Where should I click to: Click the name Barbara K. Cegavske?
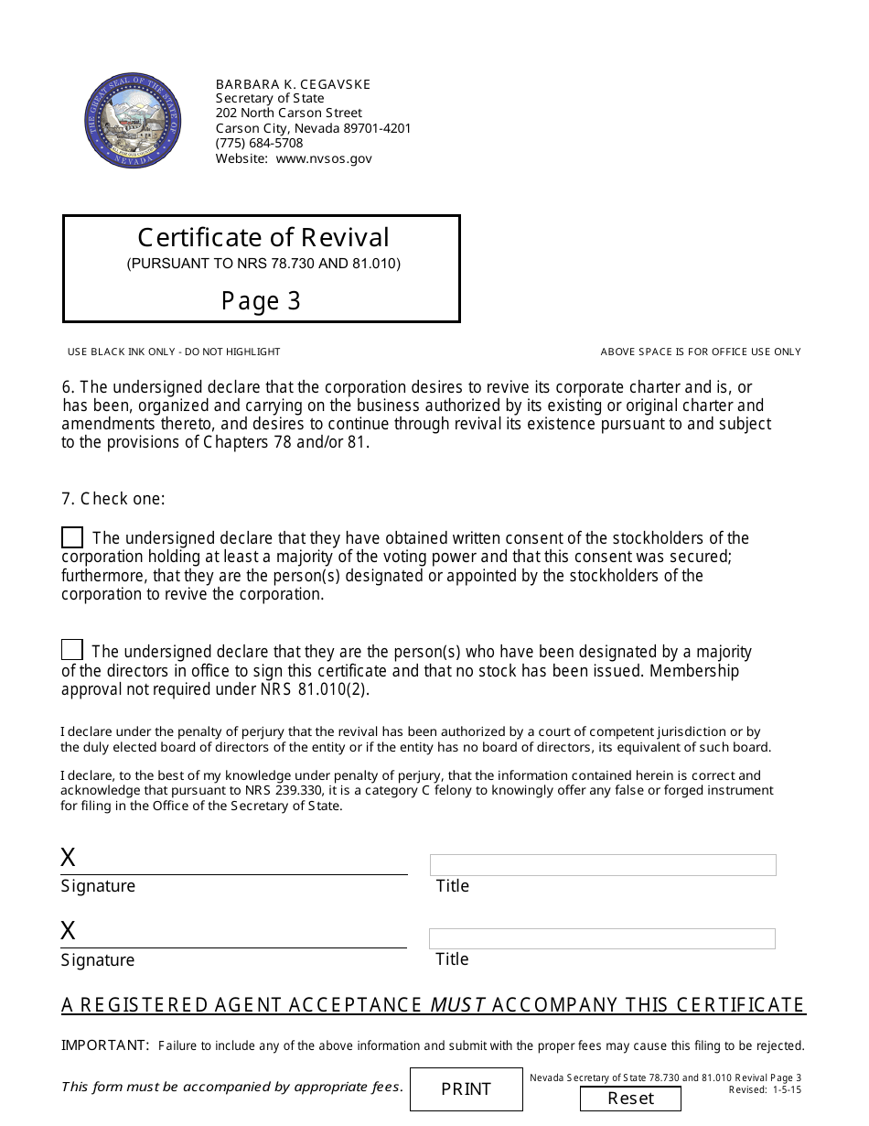(293, 84)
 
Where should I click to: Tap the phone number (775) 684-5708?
(259, 143)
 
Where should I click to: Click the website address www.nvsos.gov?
(324, 158)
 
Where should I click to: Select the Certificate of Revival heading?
(263, 238)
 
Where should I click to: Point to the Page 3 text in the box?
(261, 301)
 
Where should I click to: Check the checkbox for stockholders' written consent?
(72, 537)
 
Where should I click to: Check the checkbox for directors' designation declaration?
(72, 650)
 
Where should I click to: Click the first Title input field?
(603, 865)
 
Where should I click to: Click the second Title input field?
(602, 938)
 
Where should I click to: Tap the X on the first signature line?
(68, 858)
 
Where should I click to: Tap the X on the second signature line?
(68, 931)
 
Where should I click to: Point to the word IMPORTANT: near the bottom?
(105, 1045)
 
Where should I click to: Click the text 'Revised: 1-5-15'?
(765, 1090)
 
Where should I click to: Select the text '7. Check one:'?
(113, 499)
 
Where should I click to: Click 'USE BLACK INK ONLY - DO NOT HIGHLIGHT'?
(174, 352)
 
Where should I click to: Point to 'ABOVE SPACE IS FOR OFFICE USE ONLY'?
(700, 352)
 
